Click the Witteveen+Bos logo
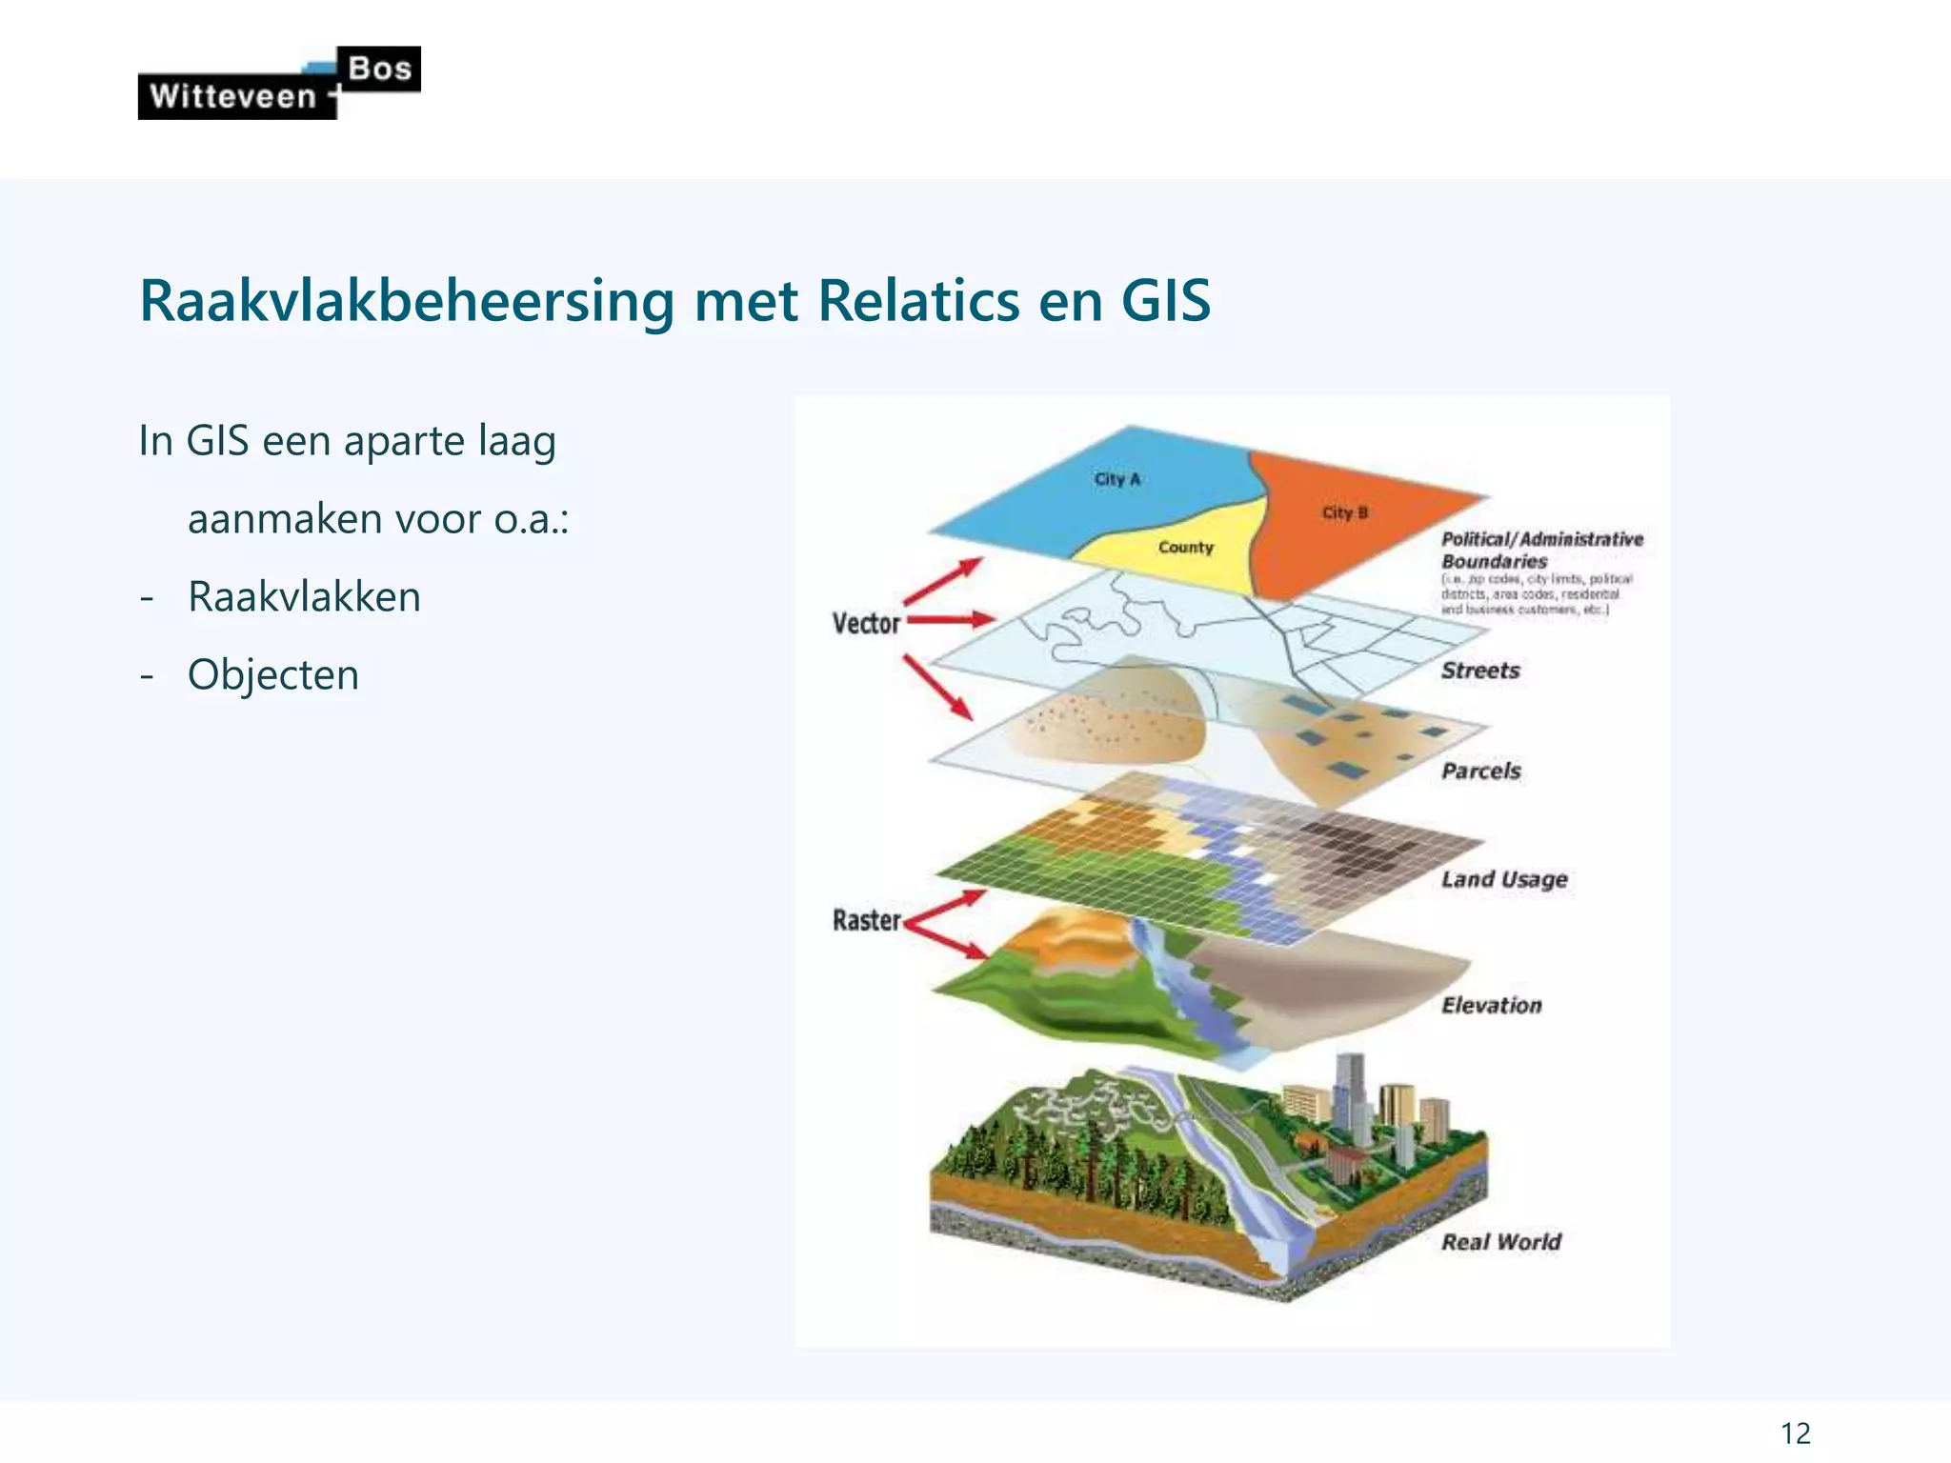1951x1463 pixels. (x=278, y=84)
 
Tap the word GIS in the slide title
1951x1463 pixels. (x=1165, y=301)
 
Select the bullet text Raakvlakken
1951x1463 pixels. (x=304, y=597)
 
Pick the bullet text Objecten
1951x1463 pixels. (x=273, y=675)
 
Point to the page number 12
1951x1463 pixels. (x=1795, y=1433)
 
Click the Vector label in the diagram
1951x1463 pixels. (x=866, y=624)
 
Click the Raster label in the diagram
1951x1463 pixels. (x=866, y=920)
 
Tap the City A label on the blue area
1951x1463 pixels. (x=1116, y=479)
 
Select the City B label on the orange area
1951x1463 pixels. (x=1344, y=512)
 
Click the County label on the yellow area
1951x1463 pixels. (x=1186, y=548)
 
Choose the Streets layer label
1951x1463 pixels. (x=1480, y=671)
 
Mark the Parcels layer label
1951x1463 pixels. (x=1480, y=771)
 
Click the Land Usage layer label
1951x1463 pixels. (x=1503, y=879)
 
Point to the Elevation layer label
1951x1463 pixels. (x=1491, y=1005)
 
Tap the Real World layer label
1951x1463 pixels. (x=1500, y=1242)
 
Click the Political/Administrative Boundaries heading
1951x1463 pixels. (x=1541, y=551)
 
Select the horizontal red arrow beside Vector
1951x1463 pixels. (x=951, y=620)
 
